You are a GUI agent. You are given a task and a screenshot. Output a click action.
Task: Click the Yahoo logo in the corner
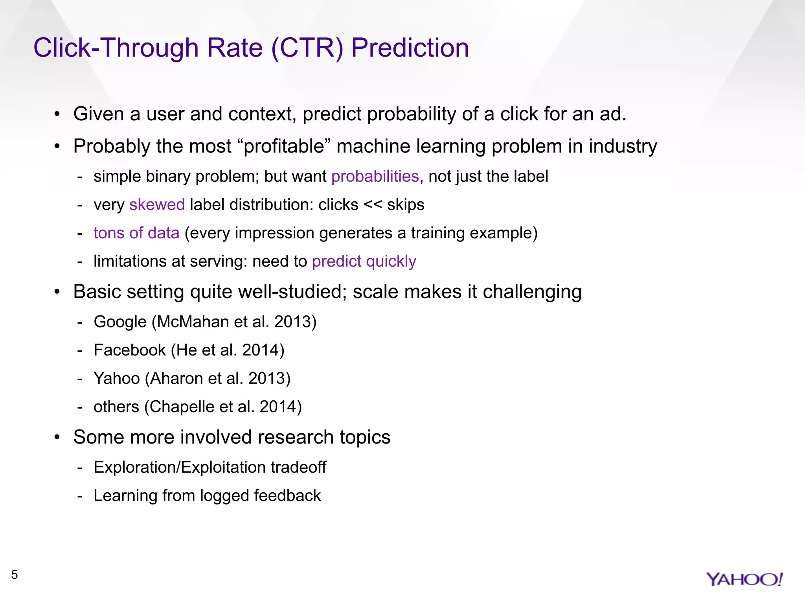click(x=744, y=579)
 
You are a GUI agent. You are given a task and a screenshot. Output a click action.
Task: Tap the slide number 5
click(x=15, y=575)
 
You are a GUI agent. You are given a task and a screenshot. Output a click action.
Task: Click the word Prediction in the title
click(x=410, y=48)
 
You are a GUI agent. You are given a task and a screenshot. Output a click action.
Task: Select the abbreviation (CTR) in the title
click(x=307, y=48)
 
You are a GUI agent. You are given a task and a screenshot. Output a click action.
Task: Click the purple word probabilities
click(x=375, y=177)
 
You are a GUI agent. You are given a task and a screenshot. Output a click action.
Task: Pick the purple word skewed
click(x=157, y=205)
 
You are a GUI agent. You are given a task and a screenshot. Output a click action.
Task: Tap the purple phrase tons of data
click(x=136, y=233)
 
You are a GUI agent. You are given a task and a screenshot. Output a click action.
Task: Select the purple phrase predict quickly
click(x=364, y=261)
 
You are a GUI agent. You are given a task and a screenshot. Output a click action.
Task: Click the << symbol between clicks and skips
click(x=373, y=205)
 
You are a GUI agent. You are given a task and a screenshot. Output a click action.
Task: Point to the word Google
click(x=120, y=322)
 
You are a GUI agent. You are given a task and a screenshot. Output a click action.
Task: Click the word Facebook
click(x=130, y=350)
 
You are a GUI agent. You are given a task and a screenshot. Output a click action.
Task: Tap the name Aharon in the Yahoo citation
click(x=176, y=379)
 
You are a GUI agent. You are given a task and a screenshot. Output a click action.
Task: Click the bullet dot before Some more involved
click(x=57, y=438)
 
